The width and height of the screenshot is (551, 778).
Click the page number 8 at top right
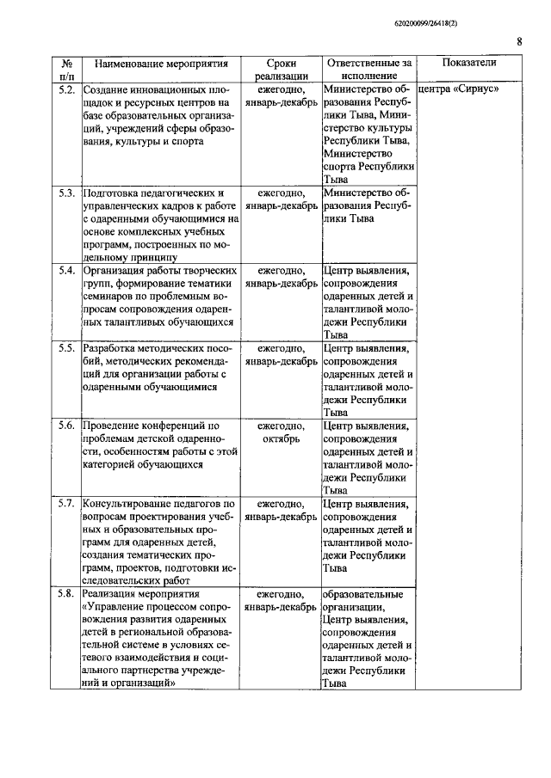(x=519, y=40)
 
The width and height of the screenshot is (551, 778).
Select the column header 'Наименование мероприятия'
(x=161, y=64)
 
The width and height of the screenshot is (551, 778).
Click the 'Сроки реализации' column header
(x=282, y=70)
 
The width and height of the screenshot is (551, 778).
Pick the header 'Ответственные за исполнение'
(x=368, y=70)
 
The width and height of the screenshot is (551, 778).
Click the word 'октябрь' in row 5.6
(x=282, y=438)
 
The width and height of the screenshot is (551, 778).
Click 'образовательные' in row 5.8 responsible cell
(x=362, y=594)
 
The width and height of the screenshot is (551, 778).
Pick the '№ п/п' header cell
(x=66, y=70)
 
